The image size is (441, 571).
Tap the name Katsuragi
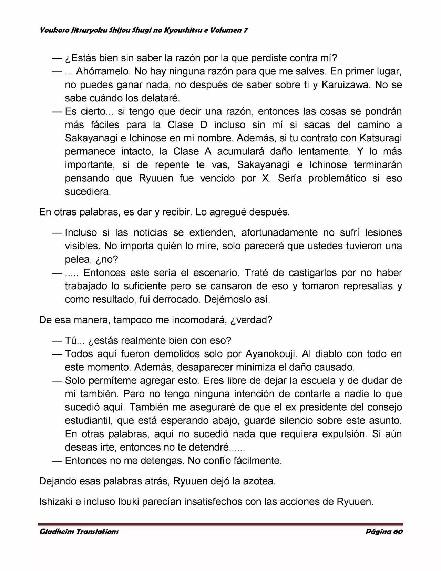point(380,138)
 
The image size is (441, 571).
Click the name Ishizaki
point(55,502)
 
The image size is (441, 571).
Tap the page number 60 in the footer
point(398,532)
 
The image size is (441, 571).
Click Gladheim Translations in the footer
point(79,532)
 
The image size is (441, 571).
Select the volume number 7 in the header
point(245,30)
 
